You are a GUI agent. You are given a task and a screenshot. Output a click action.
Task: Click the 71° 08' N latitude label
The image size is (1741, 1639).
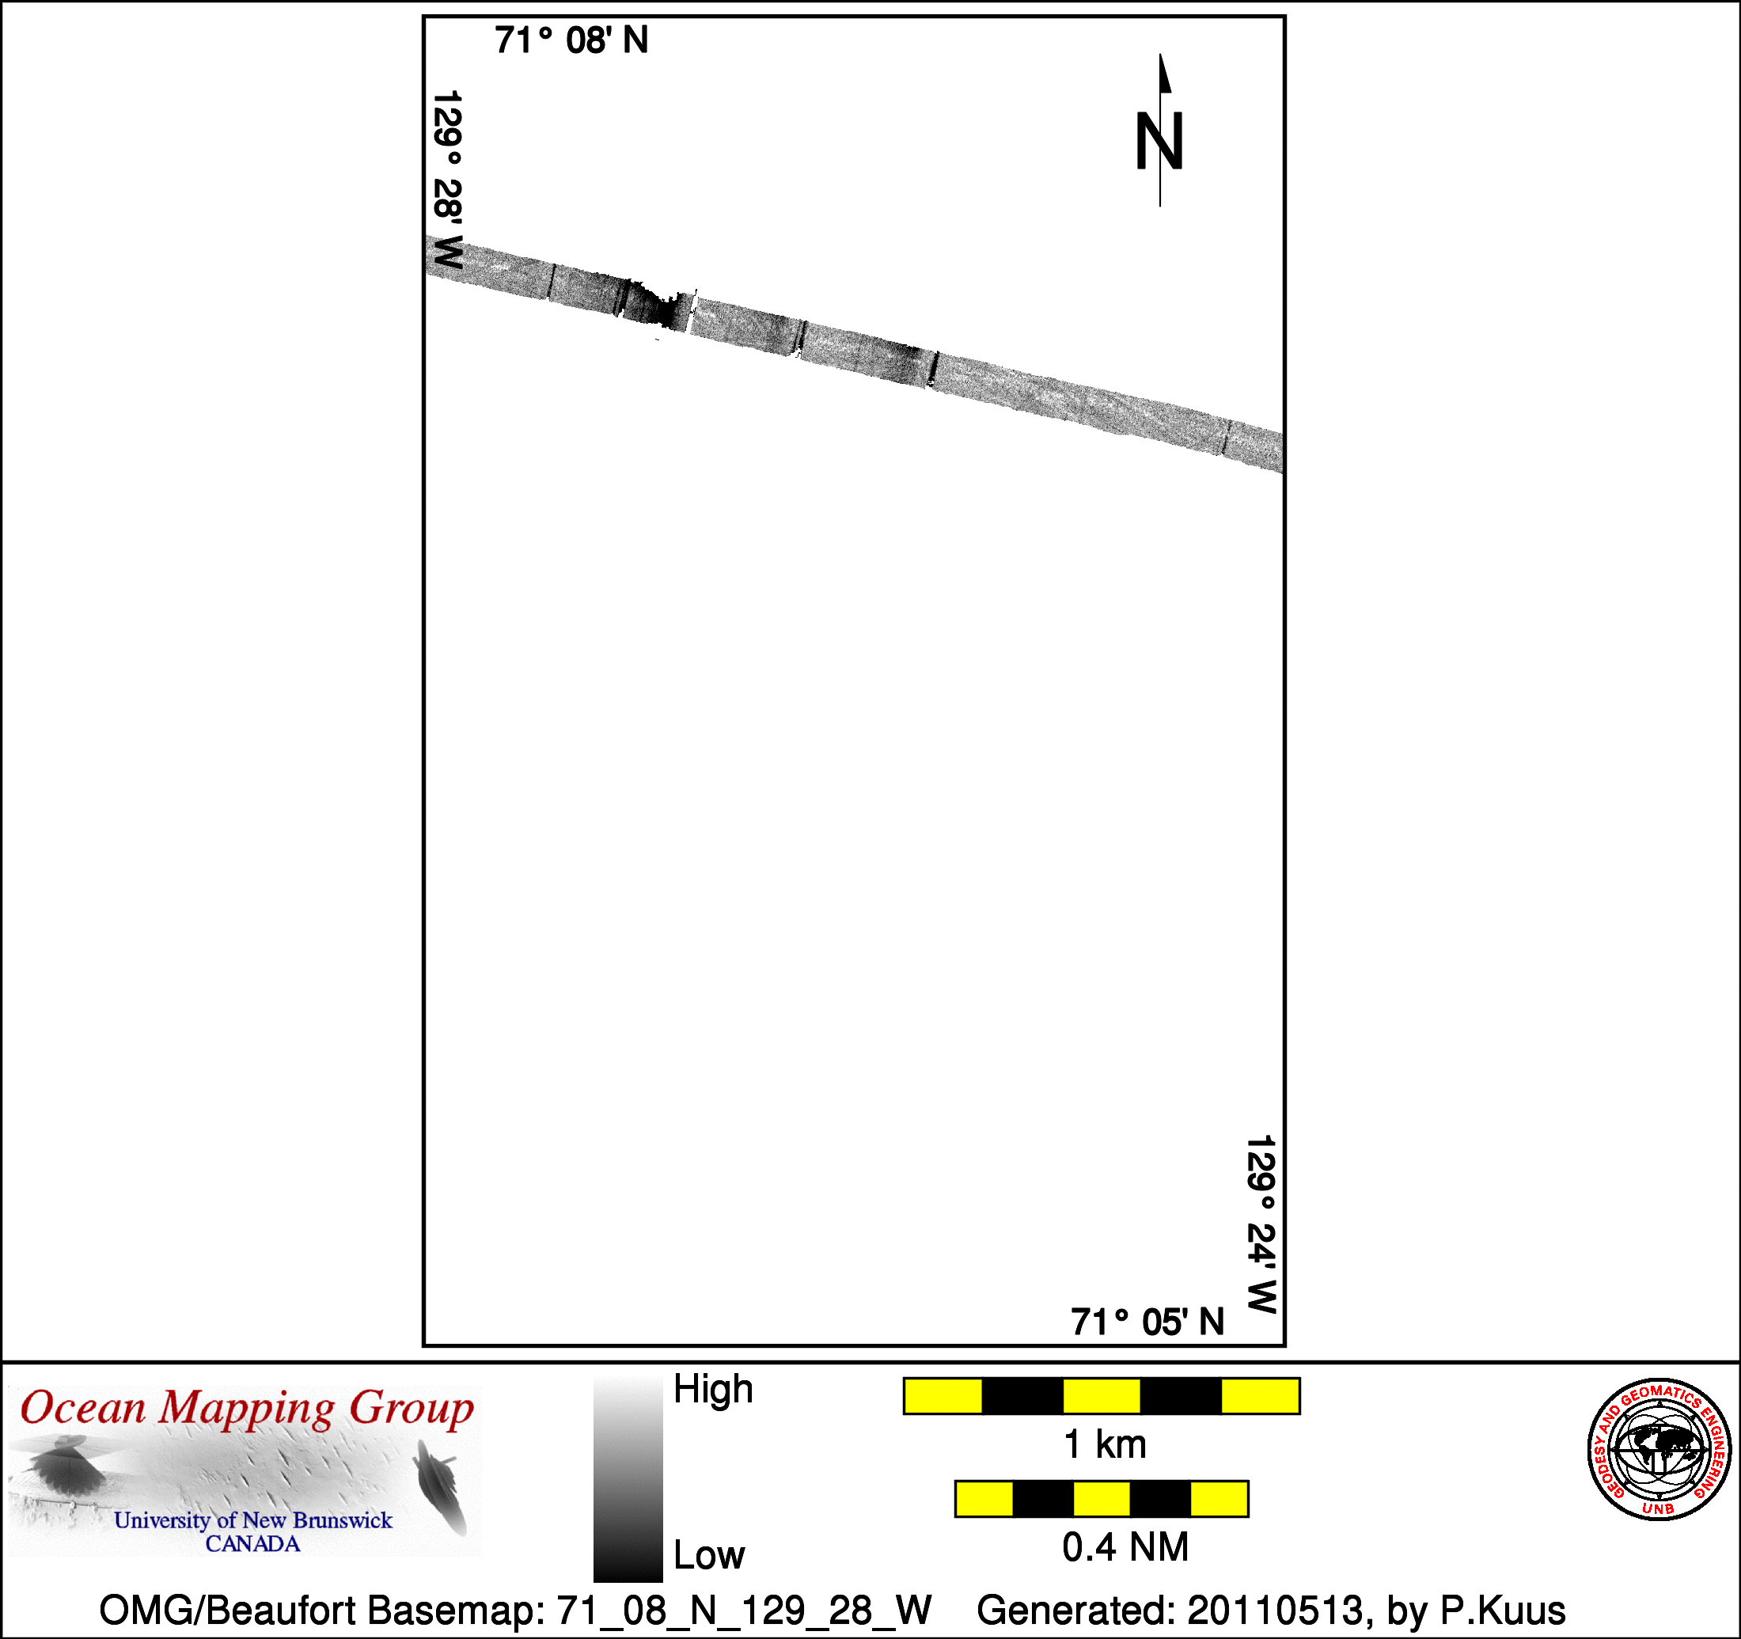click(x=571, y=40)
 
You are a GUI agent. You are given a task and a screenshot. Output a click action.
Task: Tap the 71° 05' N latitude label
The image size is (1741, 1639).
click(x=1147, y=1322)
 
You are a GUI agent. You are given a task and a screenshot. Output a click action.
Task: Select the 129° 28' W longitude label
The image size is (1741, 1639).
click(x=447, y=180)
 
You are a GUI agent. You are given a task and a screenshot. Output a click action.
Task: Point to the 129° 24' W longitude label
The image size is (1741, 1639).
click(x=1261, y=1224)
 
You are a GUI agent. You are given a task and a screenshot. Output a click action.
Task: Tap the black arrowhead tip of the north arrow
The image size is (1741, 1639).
click(x=1160, y=55)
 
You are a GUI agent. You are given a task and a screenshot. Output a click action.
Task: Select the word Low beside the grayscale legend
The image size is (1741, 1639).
click(x=708, y=1555)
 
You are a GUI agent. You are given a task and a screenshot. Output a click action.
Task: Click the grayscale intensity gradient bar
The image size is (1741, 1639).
click(x=628, y=1477)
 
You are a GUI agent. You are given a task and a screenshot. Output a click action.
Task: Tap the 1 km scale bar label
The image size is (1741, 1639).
click(x=1104, y=1444)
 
